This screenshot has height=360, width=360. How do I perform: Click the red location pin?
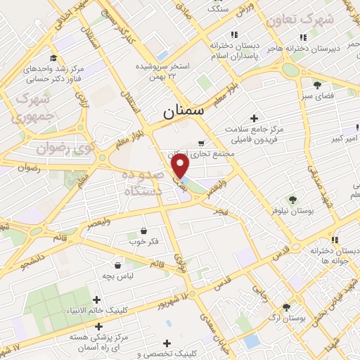(181, 166)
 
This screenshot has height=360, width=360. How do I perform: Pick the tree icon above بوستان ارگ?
(286, 307)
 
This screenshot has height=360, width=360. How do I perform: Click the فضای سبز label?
(317, 94)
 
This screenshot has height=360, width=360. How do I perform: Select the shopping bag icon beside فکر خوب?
(143, 231)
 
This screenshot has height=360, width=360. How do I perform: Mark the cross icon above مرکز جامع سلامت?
(254, 118)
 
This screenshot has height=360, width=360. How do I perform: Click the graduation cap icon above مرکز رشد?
(53, 58)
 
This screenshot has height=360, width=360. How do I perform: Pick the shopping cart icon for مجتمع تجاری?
(202, 142)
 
